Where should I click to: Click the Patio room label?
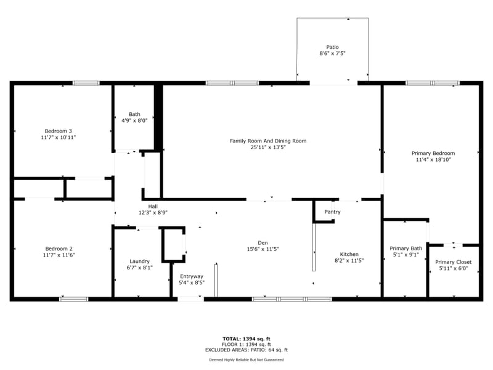(x=332, y=47)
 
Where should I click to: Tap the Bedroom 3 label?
(x=59, y=131)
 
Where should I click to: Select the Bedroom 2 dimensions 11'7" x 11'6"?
(x=59, y=255)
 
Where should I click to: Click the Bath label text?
(x=134, y=114)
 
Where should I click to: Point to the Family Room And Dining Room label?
(x=268, y=141)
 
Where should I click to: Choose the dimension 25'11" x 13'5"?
(x=268, y=147)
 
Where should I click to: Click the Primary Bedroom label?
(x=433, y=153)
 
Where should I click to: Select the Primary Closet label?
(x=454, y=262)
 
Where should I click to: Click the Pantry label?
(x=332, y=212)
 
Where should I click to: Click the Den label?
(x=263, y=242)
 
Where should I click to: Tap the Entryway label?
(x=191, y=276)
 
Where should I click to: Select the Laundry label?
(x=139, y=261)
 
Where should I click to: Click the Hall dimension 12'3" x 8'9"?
(x=153, y=213)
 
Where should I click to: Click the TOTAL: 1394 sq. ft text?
(x=246, y=339)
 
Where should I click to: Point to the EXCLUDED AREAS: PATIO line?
(x=246, y=350)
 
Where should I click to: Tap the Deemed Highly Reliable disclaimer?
(x=246, y=360)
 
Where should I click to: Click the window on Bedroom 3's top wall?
(x=86, y=83)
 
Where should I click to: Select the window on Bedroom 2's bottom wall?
(x=73, y=299)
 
